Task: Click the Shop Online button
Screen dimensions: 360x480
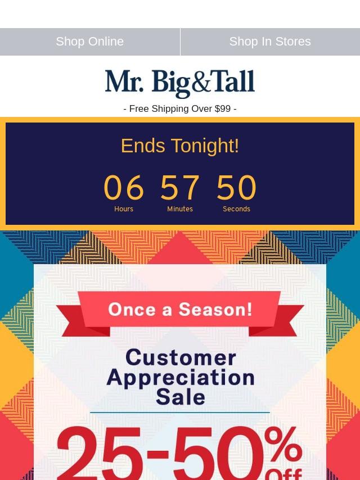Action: (x=90, y=42)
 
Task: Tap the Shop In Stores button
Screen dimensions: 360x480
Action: (x=270, y=42)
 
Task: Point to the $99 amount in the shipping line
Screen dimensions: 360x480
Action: (x=223, y=108)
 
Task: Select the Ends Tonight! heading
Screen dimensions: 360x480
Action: (x=180, y=146)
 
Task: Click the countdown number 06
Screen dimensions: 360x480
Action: (x=124, y=187)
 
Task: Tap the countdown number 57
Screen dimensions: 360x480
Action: (x=180, y=187)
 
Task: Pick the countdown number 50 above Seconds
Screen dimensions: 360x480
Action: (x=236, y=187)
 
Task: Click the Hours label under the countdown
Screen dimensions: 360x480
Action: (x=124, y=209)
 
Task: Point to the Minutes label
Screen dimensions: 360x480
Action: (x=180, y=209)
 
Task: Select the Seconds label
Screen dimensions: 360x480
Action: (x=236, y=209)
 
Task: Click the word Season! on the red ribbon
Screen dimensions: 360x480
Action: (x=215, y=309)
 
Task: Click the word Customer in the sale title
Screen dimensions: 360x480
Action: (x=181, y=357)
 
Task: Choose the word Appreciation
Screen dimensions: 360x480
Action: (x=181, y=378)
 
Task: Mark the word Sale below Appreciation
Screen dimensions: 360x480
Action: (x=181, y=397)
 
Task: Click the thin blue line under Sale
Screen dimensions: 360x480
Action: (x=180, y=413)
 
